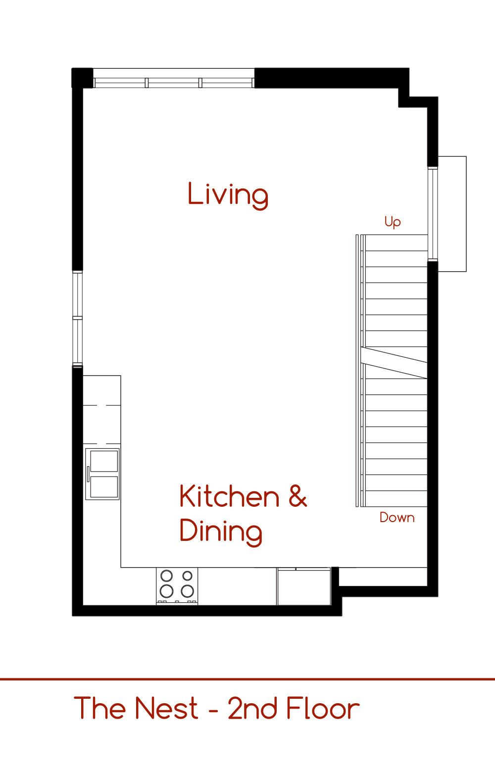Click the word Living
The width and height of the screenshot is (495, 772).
coord(228,195)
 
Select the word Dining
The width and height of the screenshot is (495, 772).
coord(221,532)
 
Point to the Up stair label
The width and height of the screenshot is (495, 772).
coord(393,222)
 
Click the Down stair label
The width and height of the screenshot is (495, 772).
coord(397,518)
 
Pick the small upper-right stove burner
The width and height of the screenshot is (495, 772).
coord(188,576)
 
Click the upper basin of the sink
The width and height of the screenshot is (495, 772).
coord(104,461)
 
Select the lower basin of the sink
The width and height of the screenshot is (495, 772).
coord(104,487)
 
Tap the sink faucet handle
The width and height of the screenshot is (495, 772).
coord(88,474)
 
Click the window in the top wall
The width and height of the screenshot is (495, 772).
coord(174,78)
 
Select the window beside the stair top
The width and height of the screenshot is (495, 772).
coord(433,214)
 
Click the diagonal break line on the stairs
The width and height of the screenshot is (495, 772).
coord(394,363)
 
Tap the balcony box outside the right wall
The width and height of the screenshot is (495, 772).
coord(452,214)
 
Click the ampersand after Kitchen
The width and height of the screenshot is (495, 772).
coord(297,496)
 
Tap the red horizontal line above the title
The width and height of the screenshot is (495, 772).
coord(247,679)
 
